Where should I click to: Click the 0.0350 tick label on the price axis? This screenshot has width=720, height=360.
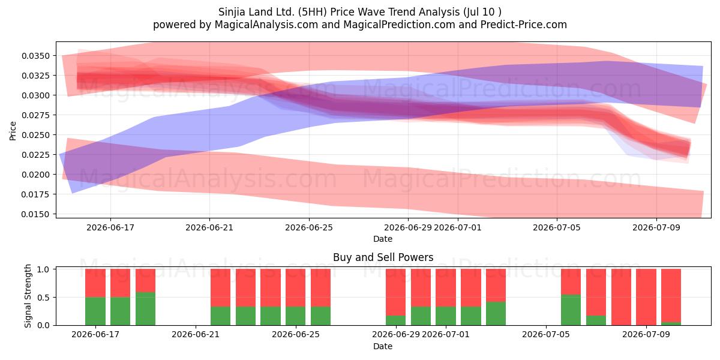35,56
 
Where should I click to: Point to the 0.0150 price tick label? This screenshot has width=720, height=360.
35,214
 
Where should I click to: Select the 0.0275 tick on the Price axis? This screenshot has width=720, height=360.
35,115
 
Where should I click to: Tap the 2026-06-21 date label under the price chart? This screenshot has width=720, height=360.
209,227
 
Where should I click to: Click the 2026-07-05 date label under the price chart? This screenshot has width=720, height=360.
557,227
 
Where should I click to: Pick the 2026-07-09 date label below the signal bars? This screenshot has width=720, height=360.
646,334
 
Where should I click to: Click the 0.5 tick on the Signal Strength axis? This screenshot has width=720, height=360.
44,298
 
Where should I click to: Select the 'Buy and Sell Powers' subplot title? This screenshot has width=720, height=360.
383,257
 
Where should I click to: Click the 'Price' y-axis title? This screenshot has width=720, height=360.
13,131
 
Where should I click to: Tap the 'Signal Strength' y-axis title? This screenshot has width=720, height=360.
28,296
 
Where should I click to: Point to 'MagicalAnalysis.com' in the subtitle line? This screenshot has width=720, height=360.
266,25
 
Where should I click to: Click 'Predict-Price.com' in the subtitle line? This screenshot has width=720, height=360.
524,25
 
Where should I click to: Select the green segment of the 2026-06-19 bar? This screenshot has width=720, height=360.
145,308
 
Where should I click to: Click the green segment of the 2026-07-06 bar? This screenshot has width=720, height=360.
571,310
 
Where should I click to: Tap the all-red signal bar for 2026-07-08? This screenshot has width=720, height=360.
621,298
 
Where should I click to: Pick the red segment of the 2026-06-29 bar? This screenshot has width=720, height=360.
395,292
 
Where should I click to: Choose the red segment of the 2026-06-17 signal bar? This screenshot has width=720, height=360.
95,283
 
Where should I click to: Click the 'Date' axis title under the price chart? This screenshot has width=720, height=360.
383,239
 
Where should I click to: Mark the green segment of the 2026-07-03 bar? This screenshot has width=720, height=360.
496,313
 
